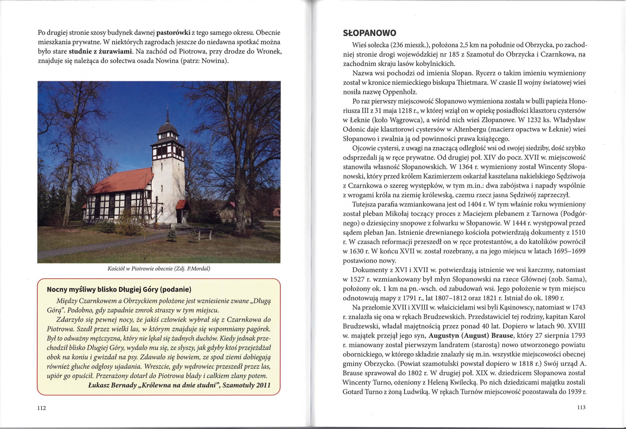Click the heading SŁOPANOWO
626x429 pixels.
point(369,33)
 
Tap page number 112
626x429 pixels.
point(42,408)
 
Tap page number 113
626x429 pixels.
point(581,407)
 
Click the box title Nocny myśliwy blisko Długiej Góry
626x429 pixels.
point(119,290)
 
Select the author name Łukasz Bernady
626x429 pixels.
point(112,385)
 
